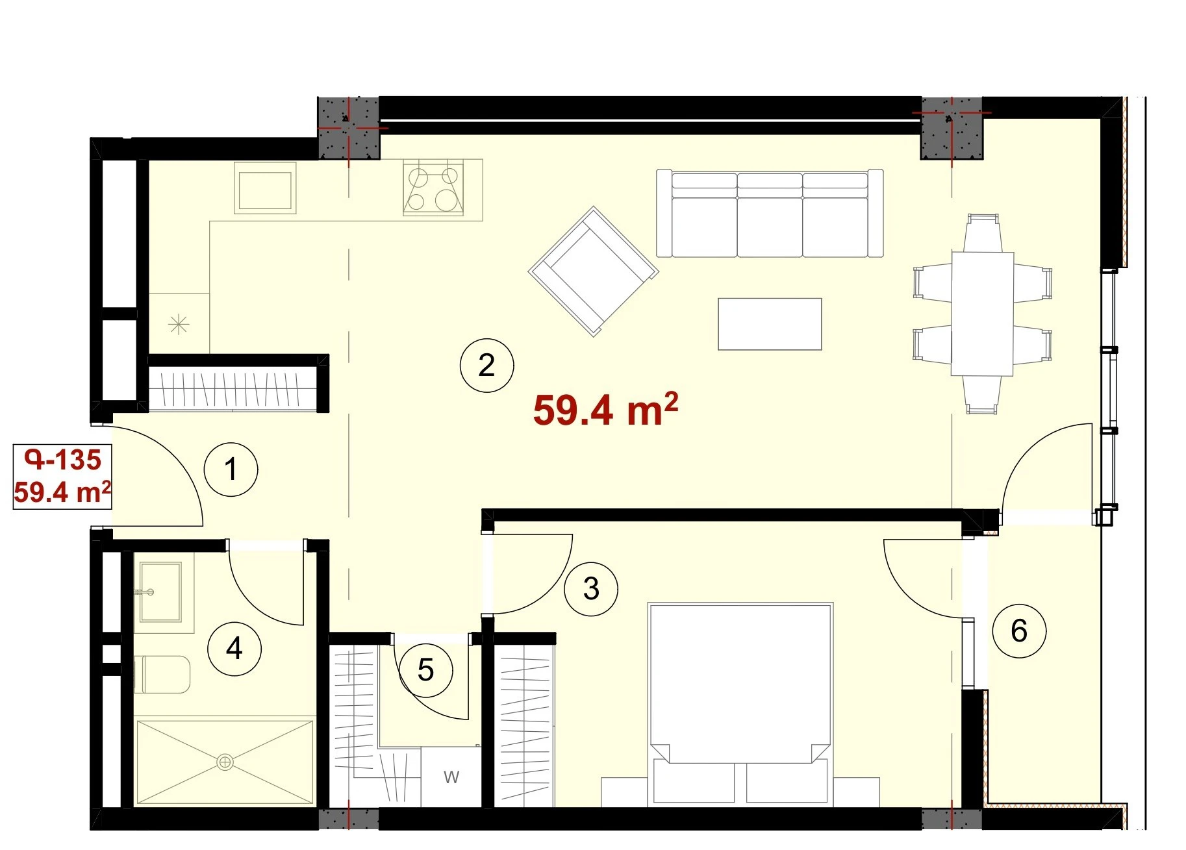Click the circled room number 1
231,469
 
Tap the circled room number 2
486,366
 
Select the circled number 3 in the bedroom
591,589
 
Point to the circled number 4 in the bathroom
234,649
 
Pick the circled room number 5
425,670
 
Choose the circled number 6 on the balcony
1019,631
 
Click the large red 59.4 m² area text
605,410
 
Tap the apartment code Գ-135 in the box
63,460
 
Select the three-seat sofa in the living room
770,213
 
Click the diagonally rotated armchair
594,271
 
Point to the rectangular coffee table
770,324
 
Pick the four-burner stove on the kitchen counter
433,188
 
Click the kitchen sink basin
265,188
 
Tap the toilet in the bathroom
162,675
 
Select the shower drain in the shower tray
225,762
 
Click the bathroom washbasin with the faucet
160,592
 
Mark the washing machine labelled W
451,777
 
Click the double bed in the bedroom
740,705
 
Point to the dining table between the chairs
982,314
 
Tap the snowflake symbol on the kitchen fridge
179,323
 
